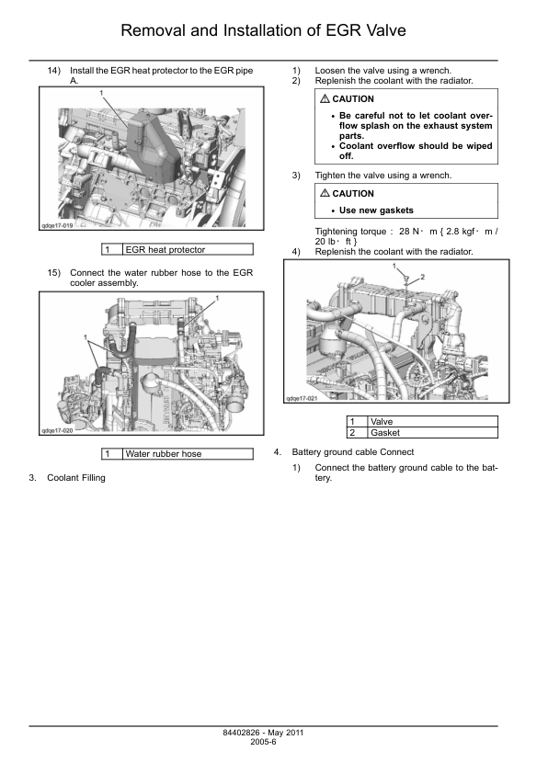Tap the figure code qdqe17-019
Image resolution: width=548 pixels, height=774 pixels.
(x=57, y=225)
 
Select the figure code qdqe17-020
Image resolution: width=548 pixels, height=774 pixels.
(x=57, y=430)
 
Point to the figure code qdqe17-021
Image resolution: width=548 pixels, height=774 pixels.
(x=302, y=398)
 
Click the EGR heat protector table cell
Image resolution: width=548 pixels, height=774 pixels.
(x=188, y=250)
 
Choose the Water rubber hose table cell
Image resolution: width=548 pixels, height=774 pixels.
(x=188, y=453)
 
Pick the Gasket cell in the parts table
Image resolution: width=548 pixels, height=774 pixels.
(x=433, y=433)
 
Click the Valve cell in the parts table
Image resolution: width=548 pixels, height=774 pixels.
(x=433, y=422)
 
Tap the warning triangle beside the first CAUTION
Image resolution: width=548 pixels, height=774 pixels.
(x=325, y=98)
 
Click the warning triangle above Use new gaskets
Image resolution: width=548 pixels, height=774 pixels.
(x=325, y=193)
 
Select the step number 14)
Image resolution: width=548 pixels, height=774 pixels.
(x=54, y=71)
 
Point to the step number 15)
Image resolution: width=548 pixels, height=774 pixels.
(x=54, y=273)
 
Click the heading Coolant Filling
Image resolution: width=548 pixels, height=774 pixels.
(x=76, y=478)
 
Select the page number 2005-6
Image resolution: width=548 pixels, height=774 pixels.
(x=263, y=742)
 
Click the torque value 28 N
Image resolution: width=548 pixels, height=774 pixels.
(x=409, y=232)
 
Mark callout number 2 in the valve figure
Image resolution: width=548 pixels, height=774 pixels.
(x=423, y=277)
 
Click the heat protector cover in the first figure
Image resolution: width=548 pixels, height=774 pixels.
(x=153, y=145)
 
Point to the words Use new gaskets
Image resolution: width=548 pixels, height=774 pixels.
(x=376, y=211)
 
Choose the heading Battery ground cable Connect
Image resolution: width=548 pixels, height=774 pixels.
(x=353, y=452)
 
